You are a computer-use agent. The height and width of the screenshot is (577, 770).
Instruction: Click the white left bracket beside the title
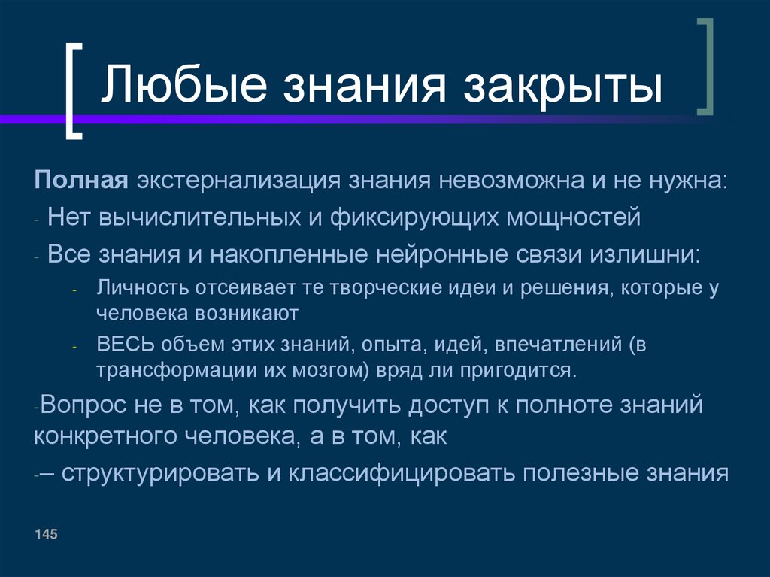pos(73,90)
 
